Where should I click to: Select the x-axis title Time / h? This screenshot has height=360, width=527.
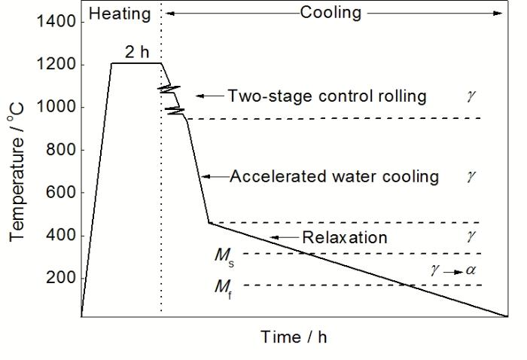coord(294,337)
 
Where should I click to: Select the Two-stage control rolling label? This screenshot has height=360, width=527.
coord(327,96)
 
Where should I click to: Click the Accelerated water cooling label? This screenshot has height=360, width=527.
coord(334,177)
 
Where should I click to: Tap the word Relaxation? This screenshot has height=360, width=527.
coord(345,238)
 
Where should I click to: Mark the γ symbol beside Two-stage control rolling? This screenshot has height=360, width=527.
coord(471,96)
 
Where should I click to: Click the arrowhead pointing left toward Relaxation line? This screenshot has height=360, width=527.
coord(274,238)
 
